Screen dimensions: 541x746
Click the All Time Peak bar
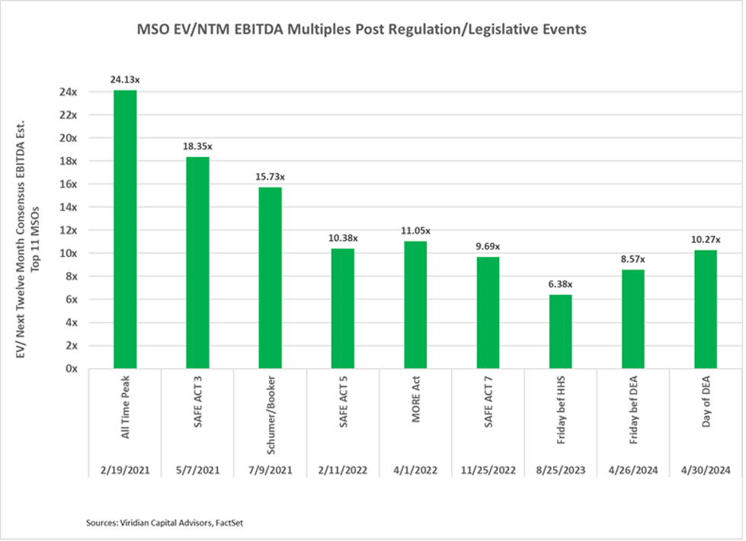pos(125,229)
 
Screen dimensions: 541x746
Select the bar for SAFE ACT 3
pos(197,263)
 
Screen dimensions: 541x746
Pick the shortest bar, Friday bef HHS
pos(560,331)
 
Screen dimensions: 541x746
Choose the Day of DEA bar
pos(705,309)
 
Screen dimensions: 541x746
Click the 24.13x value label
pos(125,78)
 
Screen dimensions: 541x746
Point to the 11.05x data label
pos(415,230)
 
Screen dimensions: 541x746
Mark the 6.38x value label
pos(560,284)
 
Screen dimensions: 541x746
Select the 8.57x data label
pos(632,258)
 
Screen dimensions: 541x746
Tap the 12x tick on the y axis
pos(70,230)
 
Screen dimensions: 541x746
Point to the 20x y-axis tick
pos(70,138)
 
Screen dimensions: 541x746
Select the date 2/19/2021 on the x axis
pos(125,470)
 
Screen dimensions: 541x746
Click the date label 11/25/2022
pos(488,470)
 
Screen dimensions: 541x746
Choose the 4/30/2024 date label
pos(705,470)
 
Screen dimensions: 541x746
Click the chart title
pos(362,30)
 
